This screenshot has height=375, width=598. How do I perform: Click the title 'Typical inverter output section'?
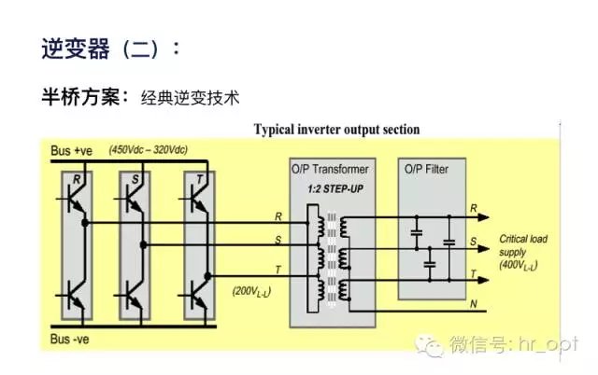point(337,130)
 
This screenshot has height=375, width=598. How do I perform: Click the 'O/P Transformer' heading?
point(332,169)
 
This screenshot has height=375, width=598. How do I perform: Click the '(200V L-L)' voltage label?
point(252,292)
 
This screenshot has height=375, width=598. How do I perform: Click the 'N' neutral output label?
point(474,305)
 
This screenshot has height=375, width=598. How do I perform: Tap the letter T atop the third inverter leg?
point(197,177)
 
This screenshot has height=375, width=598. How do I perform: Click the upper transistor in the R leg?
point(74,199)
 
